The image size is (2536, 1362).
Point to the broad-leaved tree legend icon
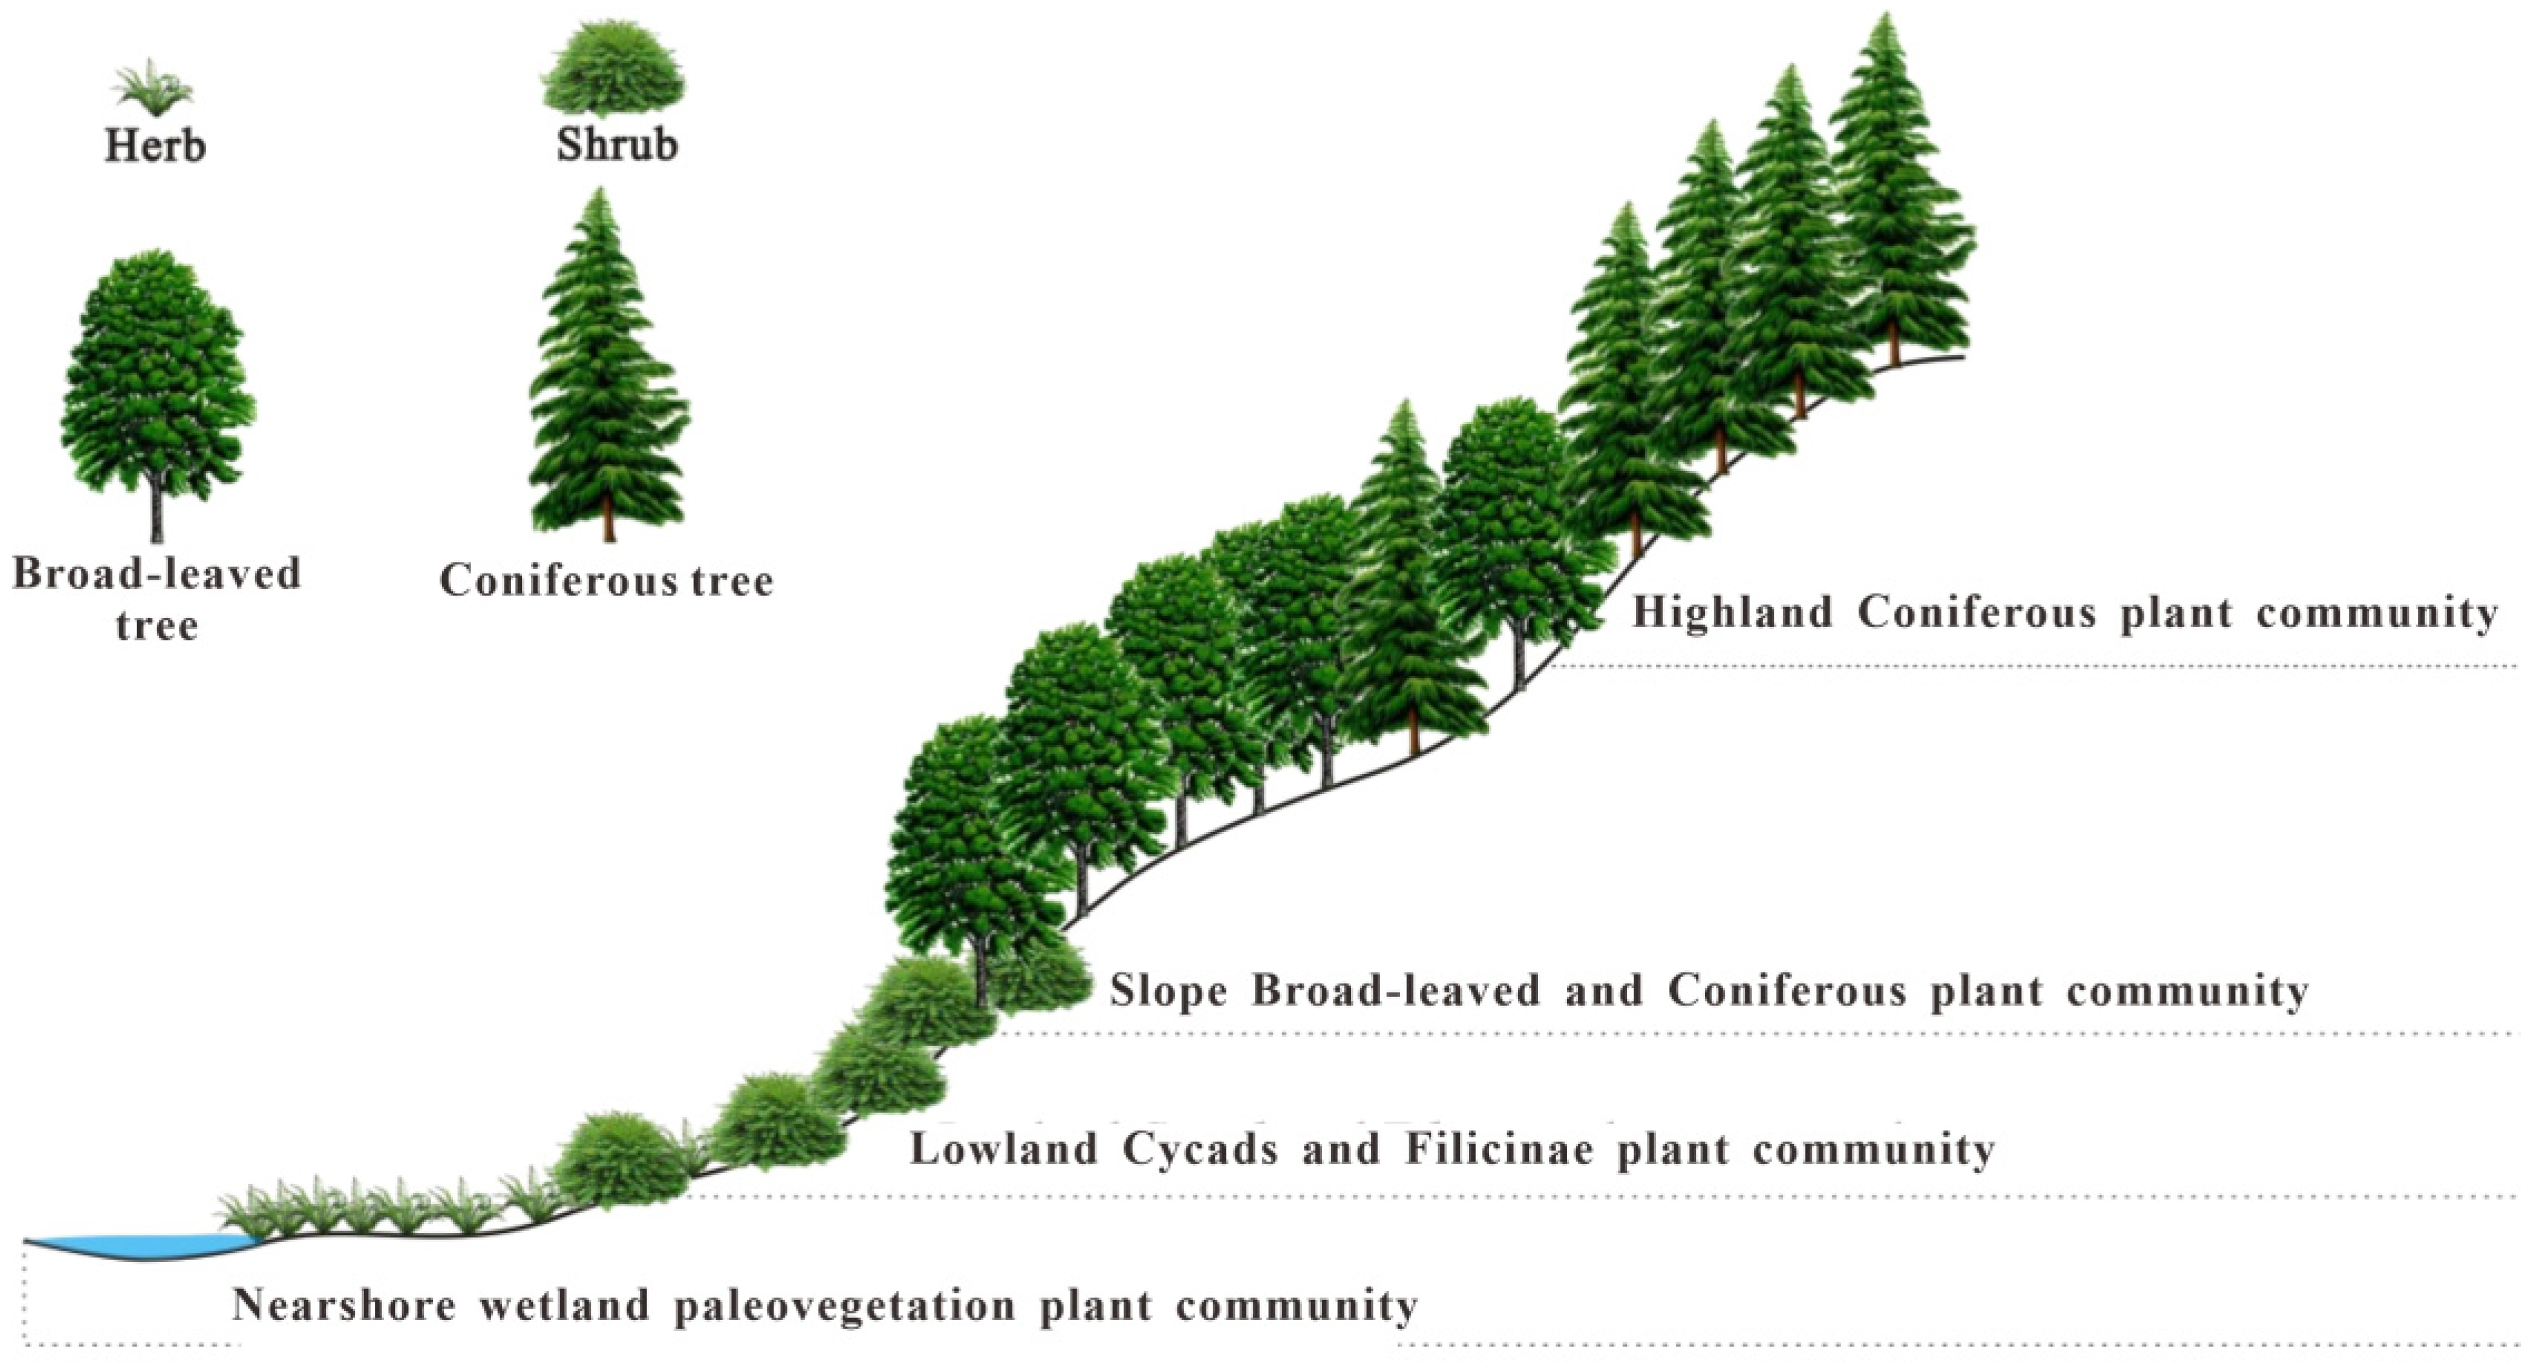click(x=157, y=384)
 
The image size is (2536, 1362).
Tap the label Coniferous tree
click(x=606, y=581)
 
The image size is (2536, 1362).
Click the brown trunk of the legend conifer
click(x=608, y=516)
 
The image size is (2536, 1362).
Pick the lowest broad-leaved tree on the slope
click(x=970, y=856)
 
